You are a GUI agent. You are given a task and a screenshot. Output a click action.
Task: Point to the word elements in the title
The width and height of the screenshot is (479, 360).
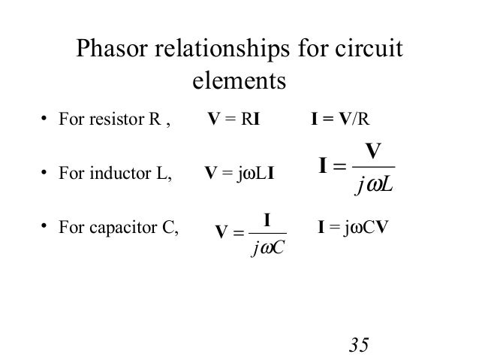[239, 79]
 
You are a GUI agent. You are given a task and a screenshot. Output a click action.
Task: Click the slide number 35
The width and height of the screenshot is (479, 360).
[359, 345]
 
